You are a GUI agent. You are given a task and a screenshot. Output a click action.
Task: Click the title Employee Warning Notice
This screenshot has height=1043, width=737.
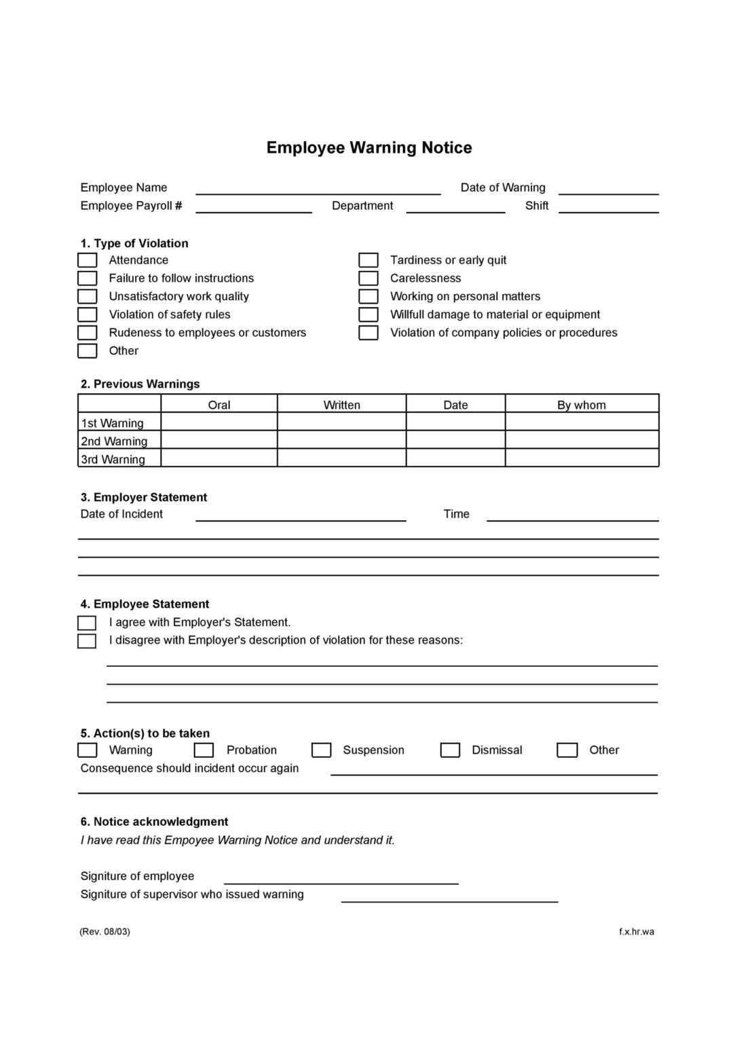[368, 147]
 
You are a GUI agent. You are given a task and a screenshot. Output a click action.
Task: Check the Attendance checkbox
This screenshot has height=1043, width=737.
[87, 260]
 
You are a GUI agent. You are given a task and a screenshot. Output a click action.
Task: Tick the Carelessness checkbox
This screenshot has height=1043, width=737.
[368, 278]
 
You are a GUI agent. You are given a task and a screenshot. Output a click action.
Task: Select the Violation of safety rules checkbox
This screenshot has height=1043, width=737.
[87, 314]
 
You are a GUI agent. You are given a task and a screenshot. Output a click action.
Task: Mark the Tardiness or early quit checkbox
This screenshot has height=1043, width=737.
[368, 260]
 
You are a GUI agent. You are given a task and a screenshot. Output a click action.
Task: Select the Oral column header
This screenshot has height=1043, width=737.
[219, 405]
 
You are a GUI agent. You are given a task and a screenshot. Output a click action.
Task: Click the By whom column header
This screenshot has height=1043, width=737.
[581, 405]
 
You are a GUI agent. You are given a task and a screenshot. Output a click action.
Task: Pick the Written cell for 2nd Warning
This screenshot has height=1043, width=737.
[341, 441]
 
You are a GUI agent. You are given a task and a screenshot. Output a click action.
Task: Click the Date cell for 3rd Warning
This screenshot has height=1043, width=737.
[455, 458]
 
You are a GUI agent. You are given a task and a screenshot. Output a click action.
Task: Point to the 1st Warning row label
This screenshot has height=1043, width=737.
[113, 423]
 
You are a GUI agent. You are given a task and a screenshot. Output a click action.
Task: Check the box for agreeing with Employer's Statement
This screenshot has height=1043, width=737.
[87, 623]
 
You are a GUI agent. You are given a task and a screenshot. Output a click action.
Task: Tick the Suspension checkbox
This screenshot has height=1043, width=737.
[321, 750]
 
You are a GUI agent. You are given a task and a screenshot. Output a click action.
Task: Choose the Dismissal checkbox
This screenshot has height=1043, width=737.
[450, 750]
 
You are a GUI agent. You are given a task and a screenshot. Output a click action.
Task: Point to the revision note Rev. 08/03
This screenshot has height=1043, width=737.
[105, 932]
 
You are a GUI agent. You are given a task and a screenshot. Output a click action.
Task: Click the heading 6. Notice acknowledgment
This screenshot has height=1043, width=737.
[154, 822]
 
